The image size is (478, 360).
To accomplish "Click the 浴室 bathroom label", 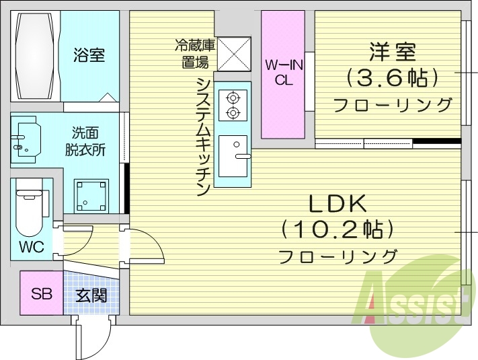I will [x=89, y=55].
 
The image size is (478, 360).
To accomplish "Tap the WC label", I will [x=30, y=247].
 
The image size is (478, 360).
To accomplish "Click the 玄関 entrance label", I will [x=90, y=295].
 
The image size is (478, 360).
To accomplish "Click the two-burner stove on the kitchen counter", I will [x=233, y=105].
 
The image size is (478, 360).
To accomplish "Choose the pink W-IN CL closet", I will [x=282, y=74].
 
